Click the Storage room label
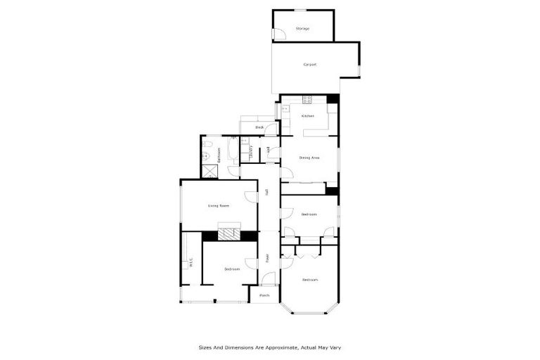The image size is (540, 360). [x=302, y=29]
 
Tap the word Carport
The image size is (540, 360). [x=309, y=65]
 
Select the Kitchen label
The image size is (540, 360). [x=307, y=116]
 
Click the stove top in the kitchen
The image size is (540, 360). [x=307, y=98]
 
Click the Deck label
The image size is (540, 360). [x=259, y=127]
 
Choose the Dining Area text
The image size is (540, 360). [x=309, y=157]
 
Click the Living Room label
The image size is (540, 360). [x=219, y=206]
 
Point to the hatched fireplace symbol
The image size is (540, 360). [x=228, y=234]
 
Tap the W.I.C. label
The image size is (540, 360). [x=191, y=264]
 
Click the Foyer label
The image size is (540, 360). [x=268, y=258]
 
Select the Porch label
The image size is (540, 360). [x=264, y=295]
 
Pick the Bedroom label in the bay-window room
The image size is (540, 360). [x=309, y=280]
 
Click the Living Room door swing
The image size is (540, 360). [x=250, y=198]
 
